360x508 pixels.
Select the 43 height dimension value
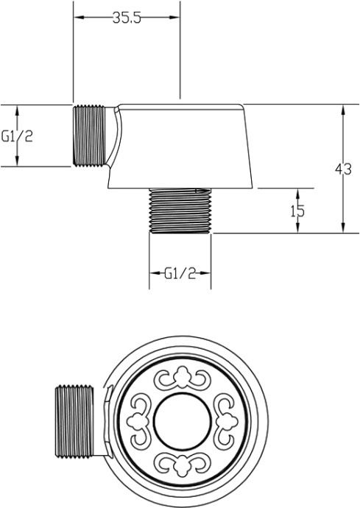342,169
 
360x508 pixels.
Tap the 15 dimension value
297,211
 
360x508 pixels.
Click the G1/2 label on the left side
16,136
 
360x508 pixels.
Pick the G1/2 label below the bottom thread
180,274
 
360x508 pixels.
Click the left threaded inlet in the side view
89,136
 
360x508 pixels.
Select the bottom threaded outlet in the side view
180,211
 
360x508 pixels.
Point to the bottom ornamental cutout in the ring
180,464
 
